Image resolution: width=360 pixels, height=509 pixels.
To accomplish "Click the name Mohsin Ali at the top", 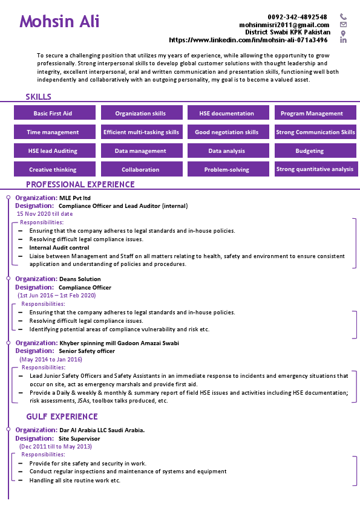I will coord(59,22).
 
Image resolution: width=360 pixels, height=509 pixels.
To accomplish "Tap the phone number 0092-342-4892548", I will coord(298,17).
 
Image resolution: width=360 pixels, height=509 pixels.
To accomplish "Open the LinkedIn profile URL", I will coord(248,40).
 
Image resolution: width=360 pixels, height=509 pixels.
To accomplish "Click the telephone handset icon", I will coord(343,17).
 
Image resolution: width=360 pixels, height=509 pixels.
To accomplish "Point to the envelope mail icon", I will coord(343,25).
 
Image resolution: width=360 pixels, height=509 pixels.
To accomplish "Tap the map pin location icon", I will coord(343,33).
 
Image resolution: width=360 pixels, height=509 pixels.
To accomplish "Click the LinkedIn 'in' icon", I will coord(343,41).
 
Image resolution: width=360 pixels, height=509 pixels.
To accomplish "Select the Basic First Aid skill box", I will coord(53,113).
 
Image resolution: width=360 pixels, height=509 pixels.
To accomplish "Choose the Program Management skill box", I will coord(312,113).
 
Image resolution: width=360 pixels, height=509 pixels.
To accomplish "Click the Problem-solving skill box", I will coord(226,170).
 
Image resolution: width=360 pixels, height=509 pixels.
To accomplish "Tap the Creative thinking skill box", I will coord(53,170).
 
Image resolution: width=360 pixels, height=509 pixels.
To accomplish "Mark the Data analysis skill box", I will coord(226,151).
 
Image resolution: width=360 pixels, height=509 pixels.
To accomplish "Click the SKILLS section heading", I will coord(38,97).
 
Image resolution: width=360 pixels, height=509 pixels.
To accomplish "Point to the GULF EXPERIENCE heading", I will coord(62,417).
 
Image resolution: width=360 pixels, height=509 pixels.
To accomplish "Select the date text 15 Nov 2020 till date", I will coord(45,213).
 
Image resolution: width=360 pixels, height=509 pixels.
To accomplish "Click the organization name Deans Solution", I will coord(80,279).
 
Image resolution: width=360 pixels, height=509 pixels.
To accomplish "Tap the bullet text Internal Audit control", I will coord(59,248).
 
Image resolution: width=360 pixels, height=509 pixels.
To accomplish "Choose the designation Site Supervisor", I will coord(79,438).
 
